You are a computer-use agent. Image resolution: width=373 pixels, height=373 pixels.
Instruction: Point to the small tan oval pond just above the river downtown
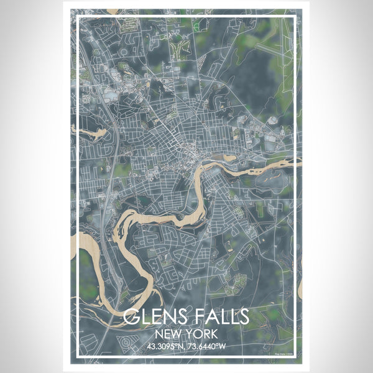pyautogui.click(x=229, y=158)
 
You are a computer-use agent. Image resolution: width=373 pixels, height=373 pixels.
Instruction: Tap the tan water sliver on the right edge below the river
pyautogui.click(x=299, y=288)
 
